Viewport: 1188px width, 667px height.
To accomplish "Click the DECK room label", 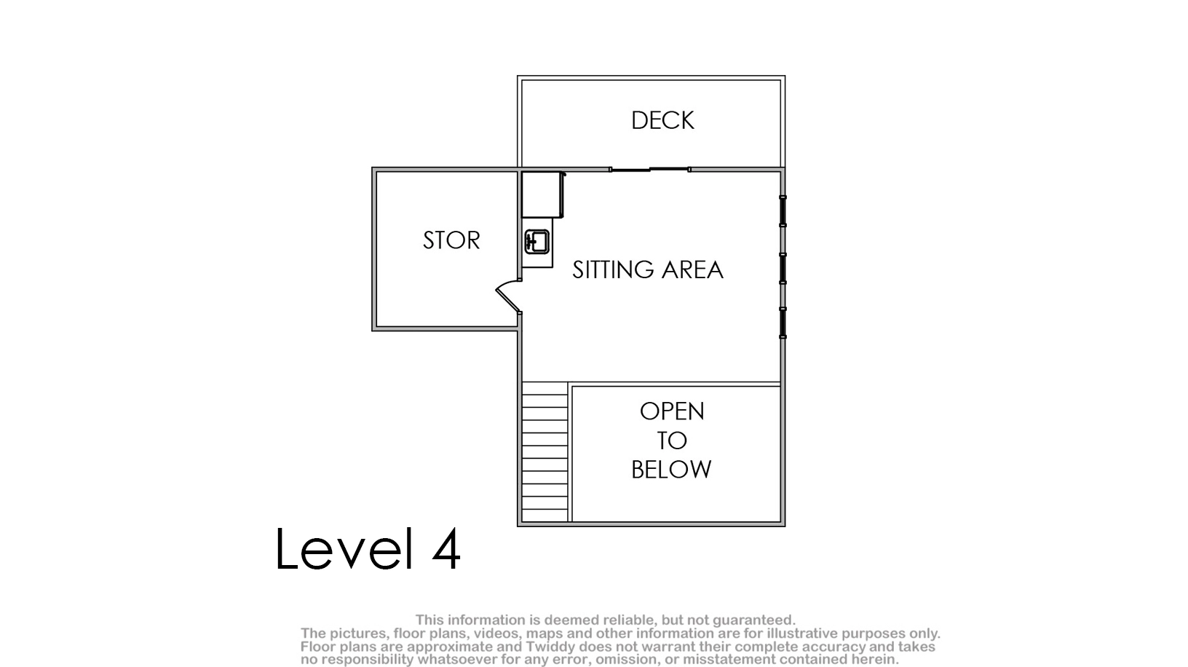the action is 662,120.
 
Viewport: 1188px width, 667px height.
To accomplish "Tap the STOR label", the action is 451,240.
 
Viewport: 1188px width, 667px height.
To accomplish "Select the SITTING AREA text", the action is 648,269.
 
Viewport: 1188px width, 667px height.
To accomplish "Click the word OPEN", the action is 672,411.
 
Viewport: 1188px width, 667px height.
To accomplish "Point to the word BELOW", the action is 671,469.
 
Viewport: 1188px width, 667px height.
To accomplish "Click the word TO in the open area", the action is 672,441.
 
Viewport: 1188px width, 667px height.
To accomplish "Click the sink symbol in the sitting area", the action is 536,242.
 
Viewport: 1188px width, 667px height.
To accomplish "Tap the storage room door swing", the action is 508,295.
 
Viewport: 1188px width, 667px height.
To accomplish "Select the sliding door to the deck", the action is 650,169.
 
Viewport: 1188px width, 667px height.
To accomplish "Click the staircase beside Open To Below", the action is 544,452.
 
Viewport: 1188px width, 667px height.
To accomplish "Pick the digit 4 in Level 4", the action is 446,549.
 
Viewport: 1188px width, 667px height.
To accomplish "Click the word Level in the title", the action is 344,548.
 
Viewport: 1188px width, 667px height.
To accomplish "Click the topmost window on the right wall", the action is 783,211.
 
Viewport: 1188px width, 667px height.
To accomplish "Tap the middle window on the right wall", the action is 783,269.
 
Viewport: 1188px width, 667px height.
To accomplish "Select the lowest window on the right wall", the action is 783,323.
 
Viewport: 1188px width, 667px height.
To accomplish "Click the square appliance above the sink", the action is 542,194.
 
